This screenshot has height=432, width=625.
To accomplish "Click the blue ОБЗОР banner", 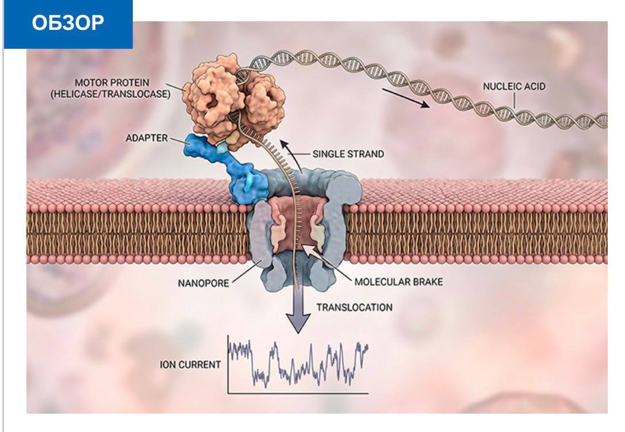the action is pos(68,24).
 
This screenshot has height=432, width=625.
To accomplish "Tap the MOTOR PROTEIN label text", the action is pos(112,83).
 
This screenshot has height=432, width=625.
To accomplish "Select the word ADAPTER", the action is pos(147,138).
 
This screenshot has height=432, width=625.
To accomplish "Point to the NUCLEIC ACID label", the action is pos(514,86).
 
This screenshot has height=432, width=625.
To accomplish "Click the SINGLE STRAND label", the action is pos(348,154).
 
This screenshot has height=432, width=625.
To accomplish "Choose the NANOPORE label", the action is pos(204,283).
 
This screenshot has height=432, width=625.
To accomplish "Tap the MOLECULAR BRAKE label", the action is pos(398,282).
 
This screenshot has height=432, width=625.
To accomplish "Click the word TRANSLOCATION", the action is pos(354,307).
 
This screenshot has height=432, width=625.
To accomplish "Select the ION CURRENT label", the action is pos(190,365).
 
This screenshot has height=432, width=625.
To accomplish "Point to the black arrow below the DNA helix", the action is pos(406,98).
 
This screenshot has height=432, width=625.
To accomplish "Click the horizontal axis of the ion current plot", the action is pos(298,394).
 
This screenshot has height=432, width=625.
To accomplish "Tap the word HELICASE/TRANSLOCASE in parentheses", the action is pos(110,94).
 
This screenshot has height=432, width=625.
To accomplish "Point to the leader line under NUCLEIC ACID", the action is pos(514,101).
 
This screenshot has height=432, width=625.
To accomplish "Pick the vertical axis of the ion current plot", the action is pos(228,364).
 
